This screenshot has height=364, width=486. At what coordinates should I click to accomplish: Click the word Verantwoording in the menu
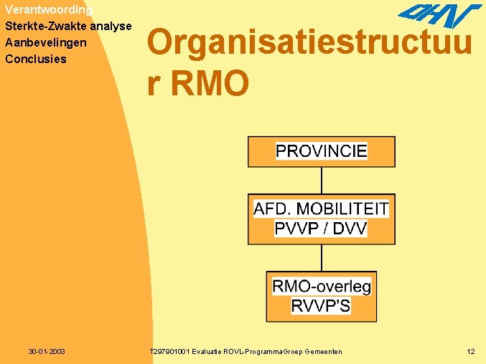coord(48,10)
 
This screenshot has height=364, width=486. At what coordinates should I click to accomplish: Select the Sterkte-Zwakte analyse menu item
coord(68,27)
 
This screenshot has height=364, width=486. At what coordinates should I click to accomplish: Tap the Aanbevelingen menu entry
coord(45,43)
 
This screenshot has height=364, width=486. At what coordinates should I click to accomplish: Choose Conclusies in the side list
coord(35,59)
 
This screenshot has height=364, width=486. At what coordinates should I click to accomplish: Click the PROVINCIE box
coord(321,151)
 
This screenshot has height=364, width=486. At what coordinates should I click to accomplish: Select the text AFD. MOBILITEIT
coord(321,209)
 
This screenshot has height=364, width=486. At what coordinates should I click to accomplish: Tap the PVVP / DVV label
coord(321,229)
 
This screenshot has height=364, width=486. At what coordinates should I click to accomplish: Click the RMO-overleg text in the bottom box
coord(321,287)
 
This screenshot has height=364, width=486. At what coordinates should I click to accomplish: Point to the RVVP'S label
coord(321,306)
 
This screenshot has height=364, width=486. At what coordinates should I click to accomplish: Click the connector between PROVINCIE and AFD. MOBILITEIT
coord(321,179)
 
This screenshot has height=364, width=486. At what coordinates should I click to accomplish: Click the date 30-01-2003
coord(47,352)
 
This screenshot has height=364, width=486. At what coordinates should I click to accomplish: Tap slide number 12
coord(470,352)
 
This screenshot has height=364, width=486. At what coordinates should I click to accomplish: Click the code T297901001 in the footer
coord(170,352)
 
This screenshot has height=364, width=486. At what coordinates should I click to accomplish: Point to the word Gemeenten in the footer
coord(323,352)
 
